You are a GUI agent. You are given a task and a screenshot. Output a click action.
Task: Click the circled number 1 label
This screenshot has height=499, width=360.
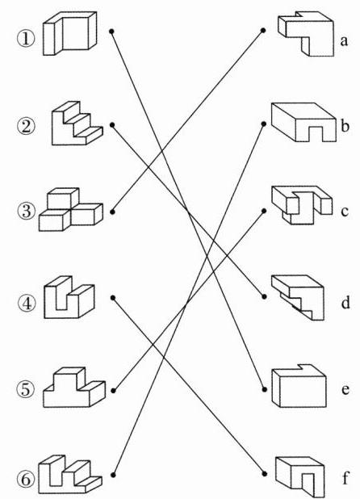pyautogui.click(x=26, y=40)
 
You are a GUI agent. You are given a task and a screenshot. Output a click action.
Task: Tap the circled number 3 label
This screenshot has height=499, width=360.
pyautogui.click(x=26, y=211)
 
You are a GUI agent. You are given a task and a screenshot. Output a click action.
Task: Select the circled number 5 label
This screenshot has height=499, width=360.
pyautogui.click(x=26, y=389)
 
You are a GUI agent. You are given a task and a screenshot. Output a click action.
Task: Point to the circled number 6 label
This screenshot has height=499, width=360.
pyautogui.click(x=26, y=480)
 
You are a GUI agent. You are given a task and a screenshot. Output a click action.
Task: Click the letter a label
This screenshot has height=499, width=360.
pyautogui.click(x=344, y=41)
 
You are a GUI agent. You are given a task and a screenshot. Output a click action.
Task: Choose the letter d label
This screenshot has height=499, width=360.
pyautogui.click(x=345, y=303)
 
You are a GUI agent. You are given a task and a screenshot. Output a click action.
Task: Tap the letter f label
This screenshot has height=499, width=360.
pyautogui.click(x=345, y=478)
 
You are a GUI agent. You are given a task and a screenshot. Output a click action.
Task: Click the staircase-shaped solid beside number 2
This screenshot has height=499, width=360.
pyautogui.click(x=77, y=124)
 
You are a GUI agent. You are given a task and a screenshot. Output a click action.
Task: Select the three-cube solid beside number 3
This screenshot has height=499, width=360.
pyautogui.click(x=70, y=209)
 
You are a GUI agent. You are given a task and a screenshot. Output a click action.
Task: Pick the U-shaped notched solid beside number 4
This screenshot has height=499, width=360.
pyautogui.click(x=69, y=297)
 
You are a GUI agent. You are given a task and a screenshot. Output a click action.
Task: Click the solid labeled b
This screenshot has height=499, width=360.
pyautogui.click(x=303, y=122)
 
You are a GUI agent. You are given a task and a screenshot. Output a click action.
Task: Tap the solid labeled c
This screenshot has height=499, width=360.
pyautogui.click(x=302, y=205)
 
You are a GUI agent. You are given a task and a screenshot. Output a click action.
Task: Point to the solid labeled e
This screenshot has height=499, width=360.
pyautogui.click(x=299, y=386)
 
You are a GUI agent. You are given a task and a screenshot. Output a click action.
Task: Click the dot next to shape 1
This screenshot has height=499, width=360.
pyautogui.click(x=111, y=31)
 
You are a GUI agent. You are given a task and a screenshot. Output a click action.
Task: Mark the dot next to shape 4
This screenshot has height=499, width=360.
pyautogui.click(x=113, y=298)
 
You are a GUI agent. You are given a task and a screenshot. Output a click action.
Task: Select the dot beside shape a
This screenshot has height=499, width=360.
pyautogui.click(x=263, y=30)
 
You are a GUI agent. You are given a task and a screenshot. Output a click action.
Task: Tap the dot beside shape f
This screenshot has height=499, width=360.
pyautogui.click(x=264, y=473)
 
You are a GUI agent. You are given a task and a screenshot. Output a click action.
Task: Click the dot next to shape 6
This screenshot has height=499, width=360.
pyautogui.click(x=113, y=475)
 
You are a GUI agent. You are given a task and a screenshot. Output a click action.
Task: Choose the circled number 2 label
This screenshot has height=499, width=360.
pyautogui.click(x=26, y=126)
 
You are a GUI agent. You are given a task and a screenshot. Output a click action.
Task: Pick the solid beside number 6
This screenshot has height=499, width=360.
pyautogui.click(x=70, y=474)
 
